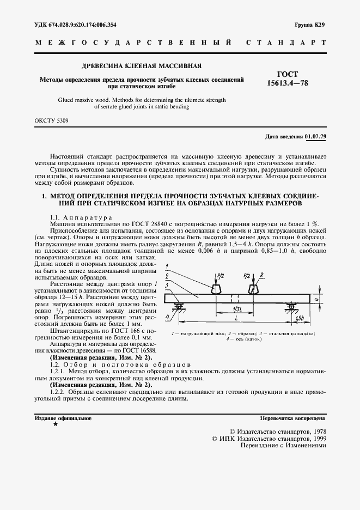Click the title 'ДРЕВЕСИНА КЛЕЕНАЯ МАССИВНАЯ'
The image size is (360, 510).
pos(141,66)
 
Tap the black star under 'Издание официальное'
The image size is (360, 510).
pos(55,424)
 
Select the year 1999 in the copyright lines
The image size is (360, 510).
pos(316,438)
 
